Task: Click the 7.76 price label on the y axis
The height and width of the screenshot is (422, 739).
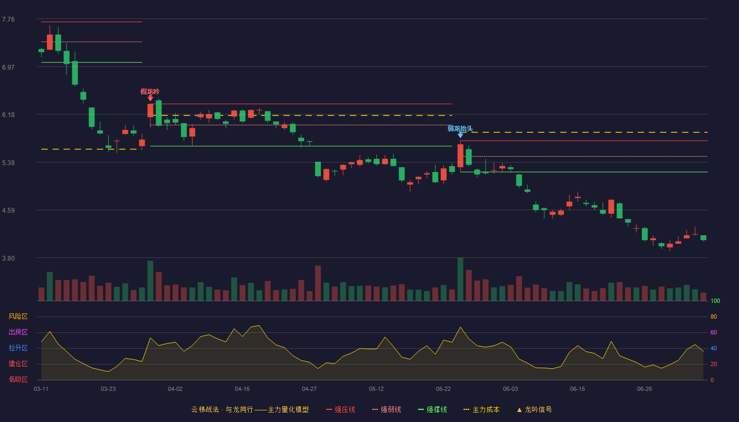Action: [8, 20]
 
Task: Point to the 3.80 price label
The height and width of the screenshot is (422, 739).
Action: [8, 258]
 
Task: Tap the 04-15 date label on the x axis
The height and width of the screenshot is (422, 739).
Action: [242, 389]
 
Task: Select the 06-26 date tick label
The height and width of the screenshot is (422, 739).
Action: [645, 389]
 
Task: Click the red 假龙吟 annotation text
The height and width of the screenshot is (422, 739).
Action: [150, 91]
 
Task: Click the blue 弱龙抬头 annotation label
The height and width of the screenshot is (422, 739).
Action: [460, 128]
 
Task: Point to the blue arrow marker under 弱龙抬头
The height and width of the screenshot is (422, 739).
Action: [460, 135]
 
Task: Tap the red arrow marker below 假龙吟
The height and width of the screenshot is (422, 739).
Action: [150, 98]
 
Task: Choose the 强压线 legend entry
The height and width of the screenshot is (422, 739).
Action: [340, 409]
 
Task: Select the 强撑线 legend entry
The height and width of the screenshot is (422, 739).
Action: [432, 409]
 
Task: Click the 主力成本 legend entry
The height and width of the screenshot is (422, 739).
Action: [481, 409]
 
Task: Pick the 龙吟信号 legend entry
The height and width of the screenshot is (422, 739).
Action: [534, 409]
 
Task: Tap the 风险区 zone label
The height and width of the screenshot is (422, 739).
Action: [18, 316]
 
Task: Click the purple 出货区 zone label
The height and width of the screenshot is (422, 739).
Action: [18, 332]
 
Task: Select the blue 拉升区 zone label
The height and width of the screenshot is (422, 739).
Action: [18, 348]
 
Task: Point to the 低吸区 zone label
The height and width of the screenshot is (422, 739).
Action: [18, 379]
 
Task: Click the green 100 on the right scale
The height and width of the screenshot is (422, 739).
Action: [715, 301]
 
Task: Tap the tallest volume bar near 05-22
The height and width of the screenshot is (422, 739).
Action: [460, 279]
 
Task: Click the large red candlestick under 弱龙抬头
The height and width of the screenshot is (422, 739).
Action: [460, 156]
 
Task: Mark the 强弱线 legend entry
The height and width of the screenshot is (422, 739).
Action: [386, 409]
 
